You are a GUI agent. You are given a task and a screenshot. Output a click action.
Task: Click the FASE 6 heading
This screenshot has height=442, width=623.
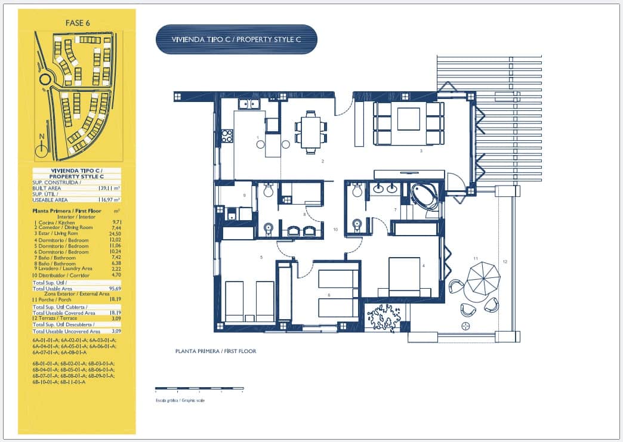point(77,23)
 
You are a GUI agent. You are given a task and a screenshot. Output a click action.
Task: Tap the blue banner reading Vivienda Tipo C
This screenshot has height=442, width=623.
point(236,39)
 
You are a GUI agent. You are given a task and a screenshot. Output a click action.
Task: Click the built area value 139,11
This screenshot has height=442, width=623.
point(106,187)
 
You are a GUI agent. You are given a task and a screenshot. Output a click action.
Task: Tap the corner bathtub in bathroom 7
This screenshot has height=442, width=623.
point(424,196)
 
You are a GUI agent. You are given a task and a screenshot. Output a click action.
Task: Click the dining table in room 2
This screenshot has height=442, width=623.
point(311,132)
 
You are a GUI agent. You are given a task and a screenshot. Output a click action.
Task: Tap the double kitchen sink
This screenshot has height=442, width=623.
point(249,104)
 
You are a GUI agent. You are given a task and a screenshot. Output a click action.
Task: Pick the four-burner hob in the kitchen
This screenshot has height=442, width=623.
point(227,135)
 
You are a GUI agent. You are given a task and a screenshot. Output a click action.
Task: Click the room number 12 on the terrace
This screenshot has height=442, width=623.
point(505,262)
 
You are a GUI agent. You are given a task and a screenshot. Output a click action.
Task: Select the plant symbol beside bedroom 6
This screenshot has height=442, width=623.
point(384,317)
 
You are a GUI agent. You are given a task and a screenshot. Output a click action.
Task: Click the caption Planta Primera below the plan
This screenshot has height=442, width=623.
point(215,351)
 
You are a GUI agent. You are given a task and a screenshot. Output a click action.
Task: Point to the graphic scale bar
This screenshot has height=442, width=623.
point(199,389)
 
